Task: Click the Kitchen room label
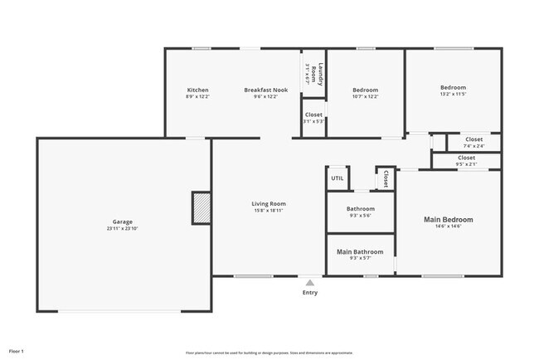click(x=197, y=90)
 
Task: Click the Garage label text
click(x=123, y=221)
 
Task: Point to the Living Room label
click(x=269, y=203)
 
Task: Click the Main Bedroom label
click(x=448, y=220)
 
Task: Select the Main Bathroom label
click(x=360, y=251)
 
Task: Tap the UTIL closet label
click(x=337, y=178)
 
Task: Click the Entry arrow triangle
click(x=310, y=282)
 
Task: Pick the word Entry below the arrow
click(x=310, y=293)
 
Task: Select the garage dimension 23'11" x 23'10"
click(x=123, y=229)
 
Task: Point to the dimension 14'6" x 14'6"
click(x=448, y=229)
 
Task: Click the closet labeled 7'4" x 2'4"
click(x=473, y=143)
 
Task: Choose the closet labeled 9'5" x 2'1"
click(x=466, y=160)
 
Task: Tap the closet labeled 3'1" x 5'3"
click(x=313, y=117)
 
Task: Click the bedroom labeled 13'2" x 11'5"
click(x=453, y=90)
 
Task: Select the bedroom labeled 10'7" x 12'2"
click(x=365, y=93)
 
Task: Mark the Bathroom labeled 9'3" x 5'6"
click(x=361, y=212)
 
